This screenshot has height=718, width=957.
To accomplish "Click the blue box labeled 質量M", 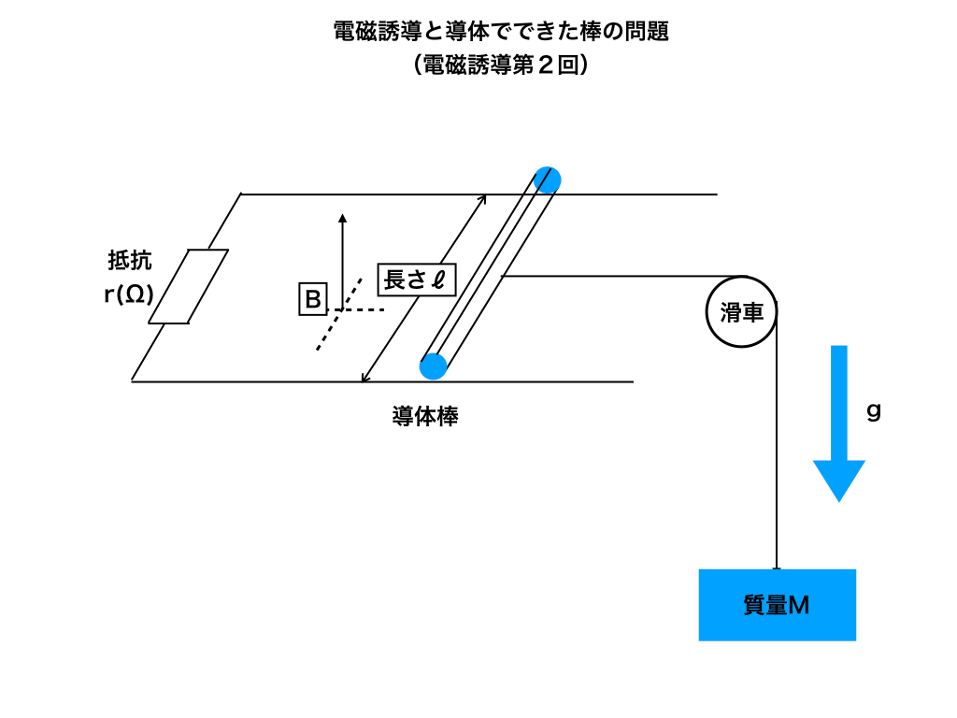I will (x=777, y=605).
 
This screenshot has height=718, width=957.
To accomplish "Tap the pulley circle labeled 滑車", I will (x=741, y=312).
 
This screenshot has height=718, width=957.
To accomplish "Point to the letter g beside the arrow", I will (x=874, y=410).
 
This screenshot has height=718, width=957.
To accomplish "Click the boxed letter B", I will (x=312, y=300).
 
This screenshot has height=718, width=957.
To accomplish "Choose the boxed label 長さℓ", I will (x=416, y=280).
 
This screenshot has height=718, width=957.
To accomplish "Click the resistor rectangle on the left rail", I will (x=189, y=286).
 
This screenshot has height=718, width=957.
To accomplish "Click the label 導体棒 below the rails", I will (x=425, y=416).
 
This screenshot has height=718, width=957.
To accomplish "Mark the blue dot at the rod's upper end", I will (x=548, y=179).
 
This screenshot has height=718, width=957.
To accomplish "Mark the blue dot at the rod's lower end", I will (x=434, y=366).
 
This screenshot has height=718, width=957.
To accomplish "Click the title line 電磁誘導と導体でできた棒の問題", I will (x=501, y=32).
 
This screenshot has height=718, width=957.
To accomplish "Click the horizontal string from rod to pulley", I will (x=617, y=277).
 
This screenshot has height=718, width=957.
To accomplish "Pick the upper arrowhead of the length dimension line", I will (x=483, y=198).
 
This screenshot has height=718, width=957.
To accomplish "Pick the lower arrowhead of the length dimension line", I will (x=365, y=378).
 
